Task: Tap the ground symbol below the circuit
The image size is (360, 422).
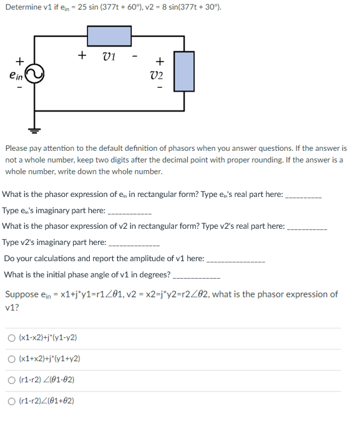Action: pos(34,130)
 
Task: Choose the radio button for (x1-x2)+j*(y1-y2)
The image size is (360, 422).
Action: pos(12,338)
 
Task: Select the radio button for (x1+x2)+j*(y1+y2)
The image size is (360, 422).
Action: pos(12,359)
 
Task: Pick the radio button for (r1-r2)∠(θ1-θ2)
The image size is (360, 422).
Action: pos(12,380)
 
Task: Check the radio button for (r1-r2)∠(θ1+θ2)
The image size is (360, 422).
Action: pos(12,401)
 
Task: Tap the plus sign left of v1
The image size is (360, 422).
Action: pos(82,55)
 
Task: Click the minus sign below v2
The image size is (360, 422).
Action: pos(159,87)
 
